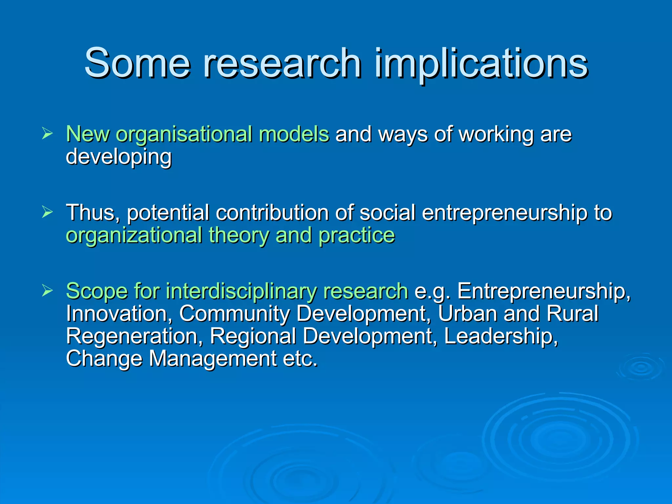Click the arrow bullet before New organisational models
click(48, 134)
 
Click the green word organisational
click(184, 135)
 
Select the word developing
click(118, 157)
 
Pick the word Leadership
click(501, 336)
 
